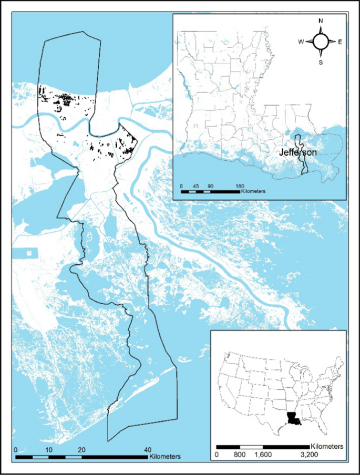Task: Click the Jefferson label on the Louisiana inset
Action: click(297, 152)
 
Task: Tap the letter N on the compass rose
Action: click(321, 22)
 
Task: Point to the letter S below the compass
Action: click(321, 61)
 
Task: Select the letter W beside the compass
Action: click(301, 42)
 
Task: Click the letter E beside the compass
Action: click(340, 42)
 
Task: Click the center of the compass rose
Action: click(321, 42)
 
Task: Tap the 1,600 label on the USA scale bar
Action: click(263, 454)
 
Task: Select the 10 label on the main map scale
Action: click(48, 450)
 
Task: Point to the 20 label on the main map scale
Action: click(81, 450)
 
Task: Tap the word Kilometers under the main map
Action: click(165, 457)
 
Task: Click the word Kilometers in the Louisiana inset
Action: click(253, 192)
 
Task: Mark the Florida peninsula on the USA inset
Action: click(325, 424)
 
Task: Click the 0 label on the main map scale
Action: click(16, 450)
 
